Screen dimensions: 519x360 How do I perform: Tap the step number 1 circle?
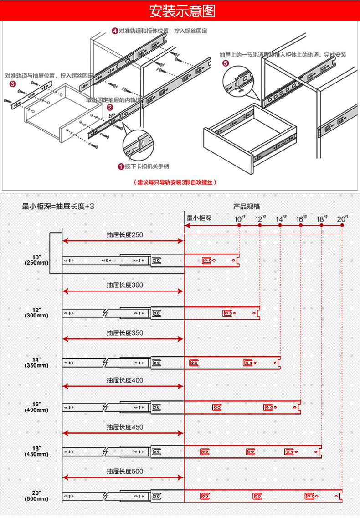[121, 166]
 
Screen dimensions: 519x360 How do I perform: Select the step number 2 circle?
[109, 108]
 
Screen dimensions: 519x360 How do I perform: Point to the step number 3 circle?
[12, 84]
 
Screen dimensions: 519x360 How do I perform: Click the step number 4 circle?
[115, 31]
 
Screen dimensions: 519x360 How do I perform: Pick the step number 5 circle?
[226, 63]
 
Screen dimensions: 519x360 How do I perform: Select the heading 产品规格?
[247, 206]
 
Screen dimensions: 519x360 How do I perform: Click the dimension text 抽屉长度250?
[125, 235]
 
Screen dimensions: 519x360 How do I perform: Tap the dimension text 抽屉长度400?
[125, 380]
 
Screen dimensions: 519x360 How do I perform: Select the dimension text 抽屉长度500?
[125, 472]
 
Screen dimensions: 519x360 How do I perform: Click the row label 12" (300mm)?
[36, 312]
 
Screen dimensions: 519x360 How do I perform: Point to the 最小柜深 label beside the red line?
[199, 218]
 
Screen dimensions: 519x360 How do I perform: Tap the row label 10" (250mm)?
[36, 259]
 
